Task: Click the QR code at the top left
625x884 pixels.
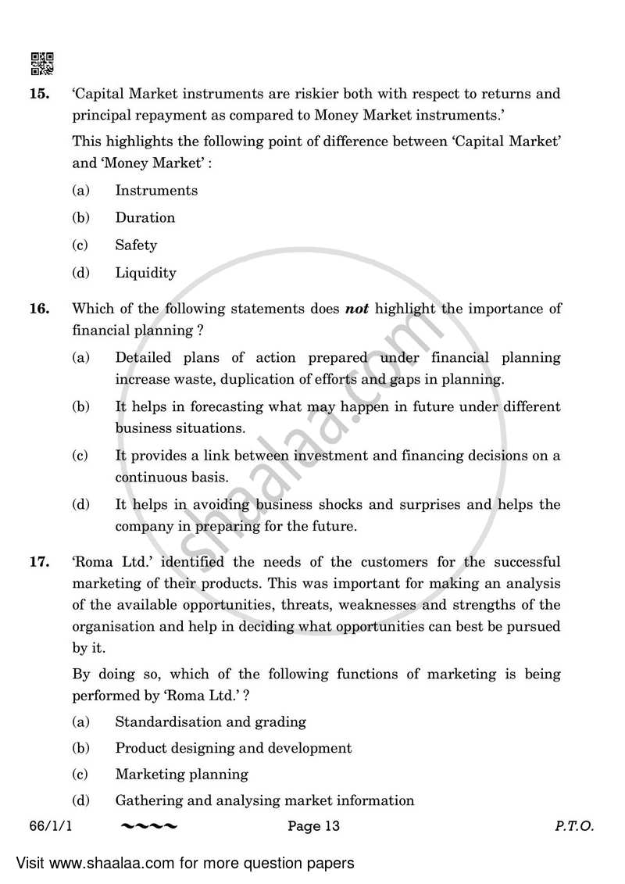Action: tap(41, 63)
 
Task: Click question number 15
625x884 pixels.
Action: tap(39, 95)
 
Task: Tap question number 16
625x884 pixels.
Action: tap(39, 309)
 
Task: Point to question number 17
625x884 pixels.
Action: tap(39, 562)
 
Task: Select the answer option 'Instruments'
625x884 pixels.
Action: tap(156, 191)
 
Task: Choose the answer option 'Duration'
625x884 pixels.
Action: tap(145, 218)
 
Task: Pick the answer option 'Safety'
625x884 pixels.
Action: tap(136, 245)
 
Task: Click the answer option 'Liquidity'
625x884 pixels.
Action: tap(145, 274)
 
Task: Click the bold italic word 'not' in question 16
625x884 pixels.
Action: tap(357, 309)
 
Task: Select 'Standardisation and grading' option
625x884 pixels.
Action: tap(210, 722)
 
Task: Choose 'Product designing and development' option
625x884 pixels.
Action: tap(233, 749)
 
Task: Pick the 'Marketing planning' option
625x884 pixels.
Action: tap(181, 775)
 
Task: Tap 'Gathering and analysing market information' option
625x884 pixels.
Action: tap(264, 800)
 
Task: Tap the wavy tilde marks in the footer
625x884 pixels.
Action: tap(149, 826)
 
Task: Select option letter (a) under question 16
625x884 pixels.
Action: tap(80, 358)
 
